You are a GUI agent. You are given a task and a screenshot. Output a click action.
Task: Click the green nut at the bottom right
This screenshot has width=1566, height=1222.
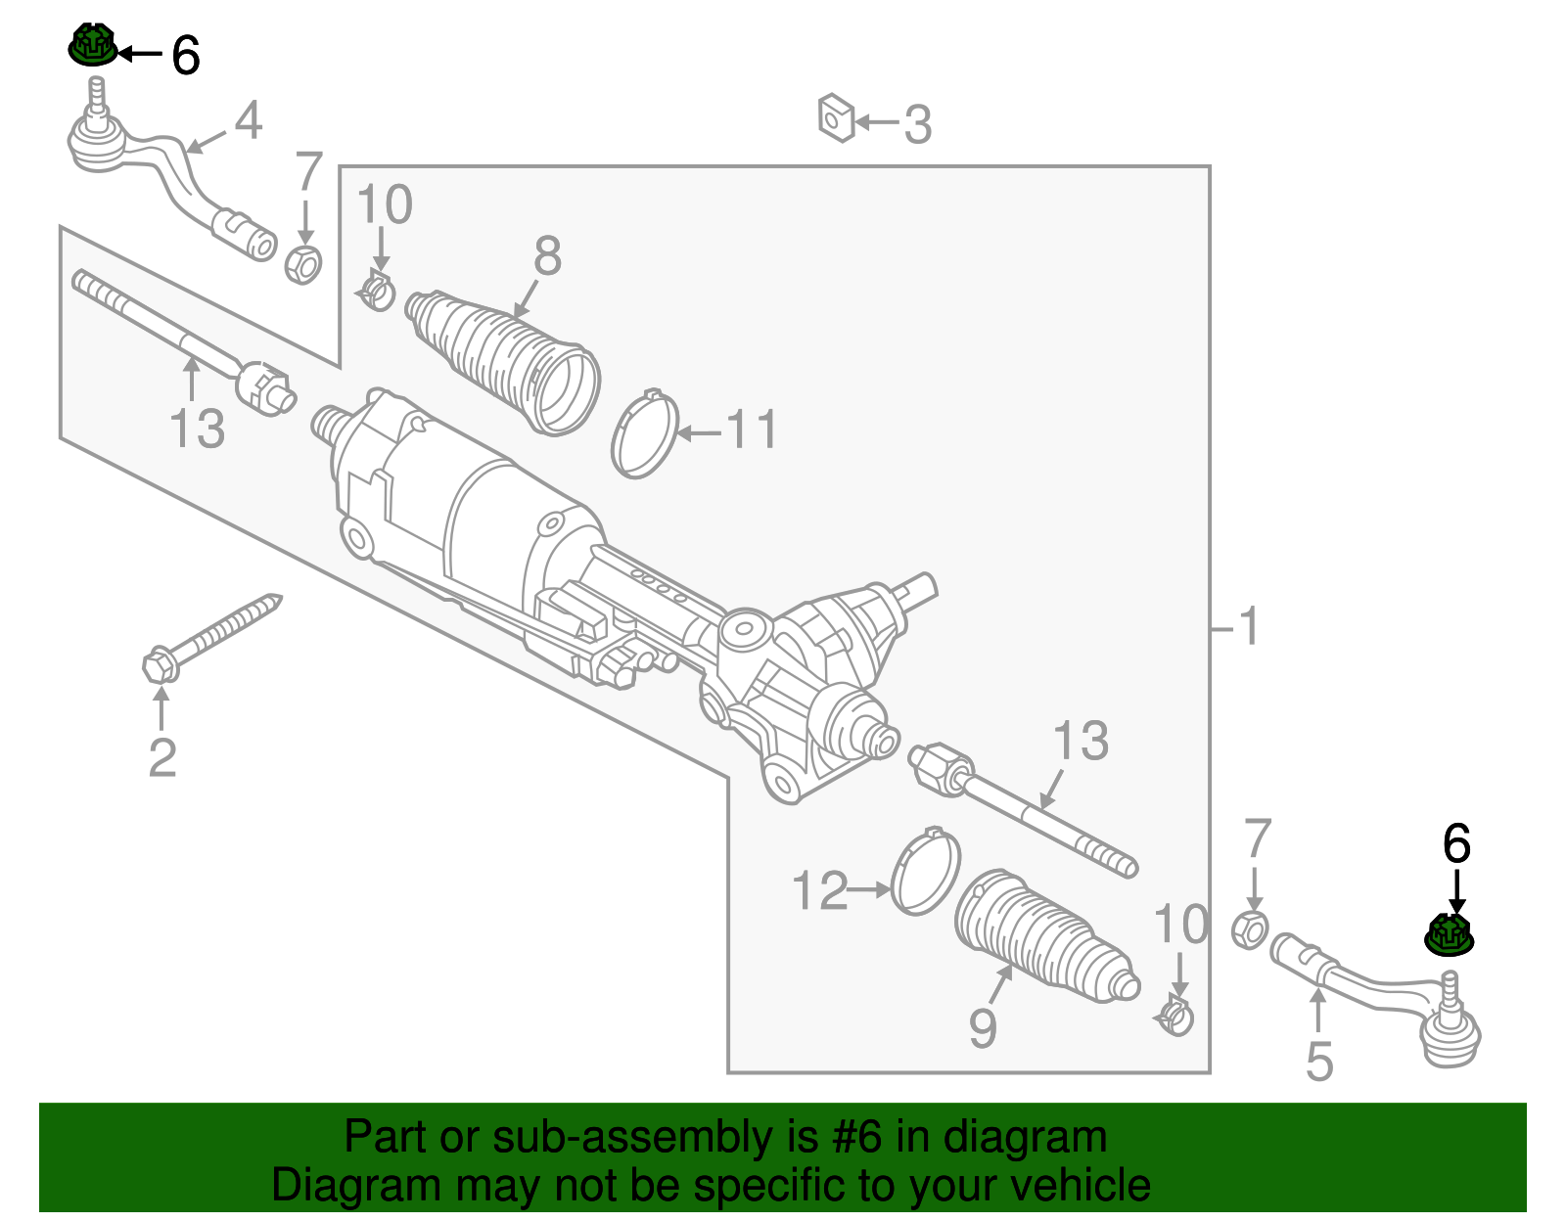click(x=1450, y=935)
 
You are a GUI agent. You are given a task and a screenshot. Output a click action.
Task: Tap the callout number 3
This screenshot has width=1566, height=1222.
click(x=917, y=125)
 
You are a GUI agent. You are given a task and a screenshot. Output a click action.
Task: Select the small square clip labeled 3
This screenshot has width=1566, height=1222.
click(x=836, y=118)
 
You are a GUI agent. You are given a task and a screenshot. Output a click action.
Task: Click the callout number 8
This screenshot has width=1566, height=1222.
click(x=547, y=256)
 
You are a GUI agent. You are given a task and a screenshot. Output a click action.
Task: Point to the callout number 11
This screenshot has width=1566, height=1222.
click(x=752, y=430)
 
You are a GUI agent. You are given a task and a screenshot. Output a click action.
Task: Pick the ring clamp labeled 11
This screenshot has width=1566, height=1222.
click(x=645, y=434)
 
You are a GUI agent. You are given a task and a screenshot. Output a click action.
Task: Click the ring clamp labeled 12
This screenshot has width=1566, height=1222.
click(x=926, y=873)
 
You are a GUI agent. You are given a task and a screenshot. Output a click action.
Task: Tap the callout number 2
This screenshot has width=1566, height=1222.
click(x=162, y=757)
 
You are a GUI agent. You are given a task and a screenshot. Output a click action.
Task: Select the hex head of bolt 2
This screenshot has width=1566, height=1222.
click(x=160, y=666)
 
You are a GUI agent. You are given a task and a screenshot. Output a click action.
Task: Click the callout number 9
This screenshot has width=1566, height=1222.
click(x=983, y=1028)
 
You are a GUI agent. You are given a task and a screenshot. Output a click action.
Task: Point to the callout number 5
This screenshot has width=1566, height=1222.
click(x=1319, y=1062)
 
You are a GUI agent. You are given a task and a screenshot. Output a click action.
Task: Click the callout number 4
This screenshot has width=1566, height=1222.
click(x=249, y=120)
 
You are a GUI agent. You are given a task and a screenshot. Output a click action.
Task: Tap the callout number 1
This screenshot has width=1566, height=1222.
click(x=1248, y=626)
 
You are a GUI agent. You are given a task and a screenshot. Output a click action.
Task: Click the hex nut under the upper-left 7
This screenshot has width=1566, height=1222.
click(x=303, y=264)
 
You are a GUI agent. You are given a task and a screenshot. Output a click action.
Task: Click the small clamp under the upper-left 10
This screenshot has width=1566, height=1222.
click(x=377, y=292)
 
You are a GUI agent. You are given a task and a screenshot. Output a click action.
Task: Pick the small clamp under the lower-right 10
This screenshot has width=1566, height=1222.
click(x=1175, y=1018)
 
